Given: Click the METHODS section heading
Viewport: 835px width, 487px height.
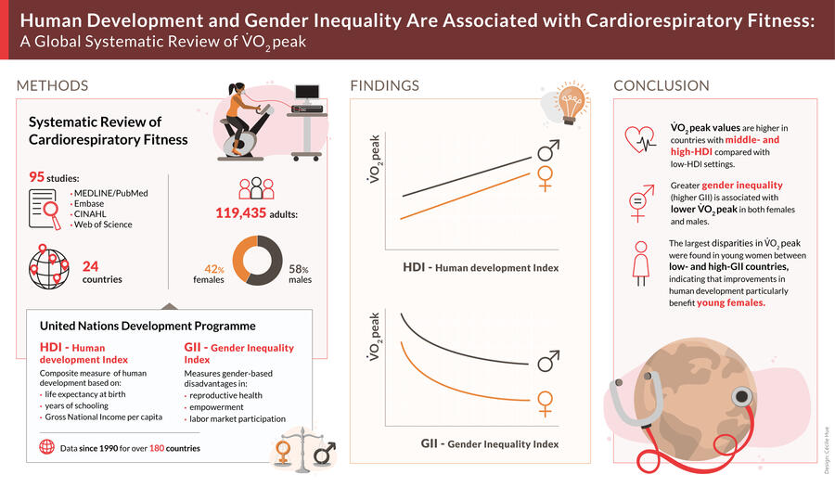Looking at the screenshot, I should click(52, 85).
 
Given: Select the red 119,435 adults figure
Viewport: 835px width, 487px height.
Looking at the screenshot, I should click(243, 213).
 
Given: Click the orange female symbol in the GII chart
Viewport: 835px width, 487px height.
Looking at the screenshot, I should click(546, 402).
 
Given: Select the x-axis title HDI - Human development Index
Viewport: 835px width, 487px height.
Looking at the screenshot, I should click(481, 268).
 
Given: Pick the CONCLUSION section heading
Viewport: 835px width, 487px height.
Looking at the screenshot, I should click(661, 85).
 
